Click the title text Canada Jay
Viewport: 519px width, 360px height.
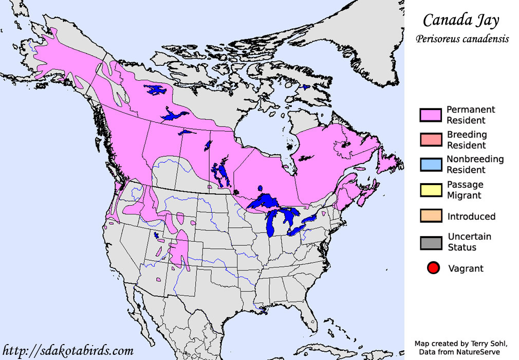[460, 20]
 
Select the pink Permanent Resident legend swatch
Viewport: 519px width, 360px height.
[431, 115]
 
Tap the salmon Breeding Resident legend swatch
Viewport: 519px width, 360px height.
[431, 140]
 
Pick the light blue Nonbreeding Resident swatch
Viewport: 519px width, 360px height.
[431, 165]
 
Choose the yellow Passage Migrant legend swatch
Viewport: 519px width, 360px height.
[431, 190]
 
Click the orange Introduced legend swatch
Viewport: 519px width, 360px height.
[431, 216]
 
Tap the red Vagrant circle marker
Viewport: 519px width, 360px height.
[433, 268]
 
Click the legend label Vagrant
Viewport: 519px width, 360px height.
[466, 268]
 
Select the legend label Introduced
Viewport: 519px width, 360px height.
[471, 217]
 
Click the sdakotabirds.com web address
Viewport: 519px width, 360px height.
[67, 351]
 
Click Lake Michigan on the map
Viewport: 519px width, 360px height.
[272, 224]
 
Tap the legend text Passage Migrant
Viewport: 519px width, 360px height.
[465, 190]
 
